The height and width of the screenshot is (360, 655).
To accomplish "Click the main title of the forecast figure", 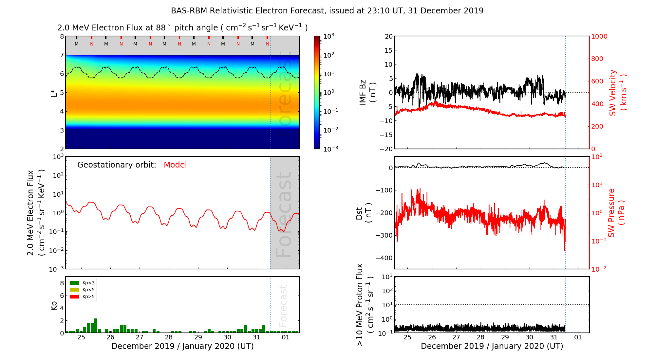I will click(x=327, y=11).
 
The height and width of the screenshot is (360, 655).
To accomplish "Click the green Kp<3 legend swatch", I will click(x=74, y=283).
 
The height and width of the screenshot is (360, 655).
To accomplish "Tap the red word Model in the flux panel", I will click(x=175, y=165).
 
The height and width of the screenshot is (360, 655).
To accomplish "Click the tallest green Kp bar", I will click(x=96, y=325).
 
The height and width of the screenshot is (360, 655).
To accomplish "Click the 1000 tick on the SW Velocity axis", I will click(x=599, y=36).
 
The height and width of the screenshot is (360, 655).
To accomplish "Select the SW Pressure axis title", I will click(x=616, y=213).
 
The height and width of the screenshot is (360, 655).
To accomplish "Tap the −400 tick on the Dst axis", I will click(x=384, y=258).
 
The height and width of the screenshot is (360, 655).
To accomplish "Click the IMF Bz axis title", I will click(x=367, y=92).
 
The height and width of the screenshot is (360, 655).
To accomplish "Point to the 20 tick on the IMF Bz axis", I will click(x=389, y=36).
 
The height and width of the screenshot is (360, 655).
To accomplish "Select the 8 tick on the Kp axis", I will click(x=62, y=283).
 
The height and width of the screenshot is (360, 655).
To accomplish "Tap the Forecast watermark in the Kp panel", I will click(x=283, y=306).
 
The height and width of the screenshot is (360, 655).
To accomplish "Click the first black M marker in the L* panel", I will click(x=77, y=44).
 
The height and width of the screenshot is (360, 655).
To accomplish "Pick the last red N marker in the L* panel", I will click(x=268, y=44).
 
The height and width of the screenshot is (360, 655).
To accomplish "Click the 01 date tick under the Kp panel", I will click(x=286, y=337).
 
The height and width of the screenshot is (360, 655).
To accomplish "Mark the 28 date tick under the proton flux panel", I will click(x=480, y=337).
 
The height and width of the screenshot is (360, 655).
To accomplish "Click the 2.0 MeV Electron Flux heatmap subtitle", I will click(x=182, y=28).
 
